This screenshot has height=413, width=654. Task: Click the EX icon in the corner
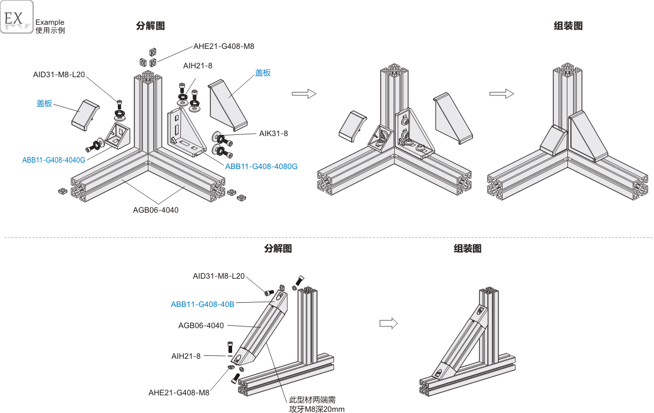tap(16, 18)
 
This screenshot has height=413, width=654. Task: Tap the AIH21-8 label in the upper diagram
tap(198, 65)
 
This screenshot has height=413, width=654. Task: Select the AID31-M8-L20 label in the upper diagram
tap(59, 75)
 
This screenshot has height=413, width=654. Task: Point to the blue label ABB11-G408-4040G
tap(54, 160)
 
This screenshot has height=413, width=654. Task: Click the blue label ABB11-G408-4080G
tap(261, 167)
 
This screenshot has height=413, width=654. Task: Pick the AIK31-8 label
tap(273, 134)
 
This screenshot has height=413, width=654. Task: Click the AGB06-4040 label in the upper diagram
tap(156, 210)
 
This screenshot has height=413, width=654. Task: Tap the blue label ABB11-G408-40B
tap(203, 304)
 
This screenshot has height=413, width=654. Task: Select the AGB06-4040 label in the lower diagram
tap(201, 325)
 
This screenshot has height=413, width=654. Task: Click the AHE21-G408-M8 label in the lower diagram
tap(179, 392)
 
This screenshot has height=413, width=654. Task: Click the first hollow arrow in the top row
tap(304, 94)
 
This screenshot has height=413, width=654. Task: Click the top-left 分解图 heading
tap(150, 26)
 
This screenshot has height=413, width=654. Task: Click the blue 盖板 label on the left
tap(45, 104)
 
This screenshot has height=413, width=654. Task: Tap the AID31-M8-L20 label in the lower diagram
tap(219, 276)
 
